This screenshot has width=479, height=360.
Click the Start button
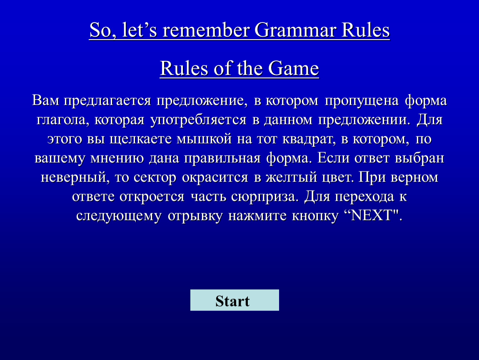click(x=235, y=300)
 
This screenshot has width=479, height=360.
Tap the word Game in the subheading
click(x=294, y=68)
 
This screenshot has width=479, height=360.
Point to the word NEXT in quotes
click(x=372, y=215)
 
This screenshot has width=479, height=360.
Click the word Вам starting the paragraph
click(x=45, y=100)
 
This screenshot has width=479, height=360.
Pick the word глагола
click(x=63, y=120)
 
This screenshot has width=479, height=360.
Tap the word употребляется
click(x=198, y=120)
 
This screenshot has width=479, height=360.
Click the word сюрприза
click(x=264, y=197)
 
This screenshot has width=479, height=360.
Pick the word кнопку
click(x=315, y=216)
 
